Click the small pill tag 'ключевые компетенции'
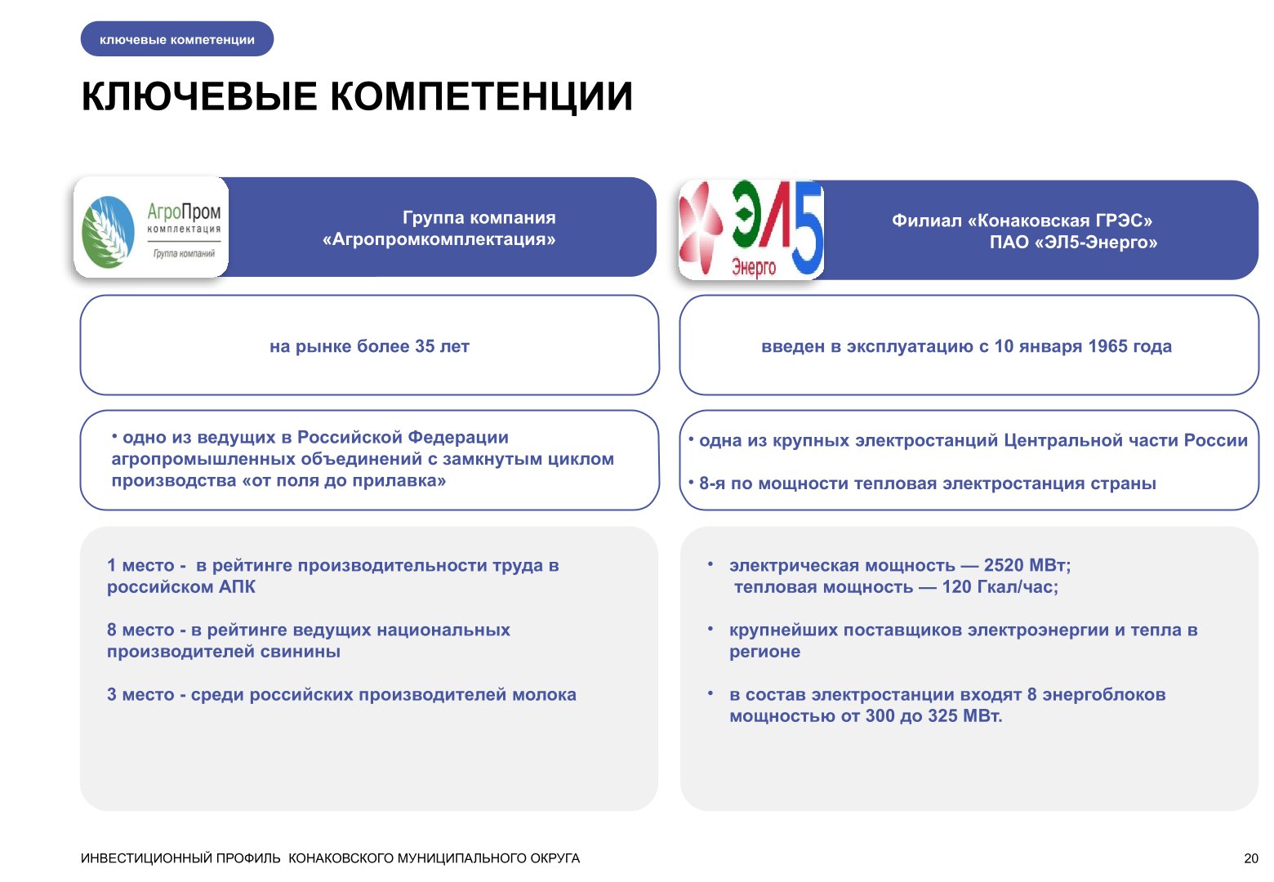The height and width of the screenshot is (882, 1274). (x=177, y=39)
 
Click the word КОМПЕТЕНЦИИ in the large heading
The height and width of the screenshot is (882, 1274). (x=482, y=96)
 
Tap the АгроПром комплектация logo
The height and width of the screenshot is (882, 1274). (x=151, y=228)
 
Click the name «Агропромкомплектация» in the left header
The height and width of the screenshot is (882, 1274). (x=439, y=239)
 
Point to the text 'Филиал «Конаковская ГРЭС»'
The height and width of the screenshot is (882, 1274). (x=1022, y=220)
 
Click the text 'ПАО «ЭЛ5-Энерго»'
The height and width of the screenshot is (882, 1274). (x=1073, y=243)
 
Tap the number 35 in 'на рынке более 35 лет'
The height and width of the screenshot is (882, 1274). (x=425, y=346)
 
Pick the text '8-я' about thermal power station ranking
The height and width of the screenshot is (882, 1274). (x=712, y=483)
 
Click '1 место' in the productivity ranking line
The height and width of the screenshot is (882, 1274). (x=140, y=565)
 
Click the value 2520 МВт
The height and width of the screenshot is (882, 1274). (x=1025, y=565)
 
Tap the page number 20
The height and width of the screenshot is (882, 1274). (x=1251, y=858)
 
